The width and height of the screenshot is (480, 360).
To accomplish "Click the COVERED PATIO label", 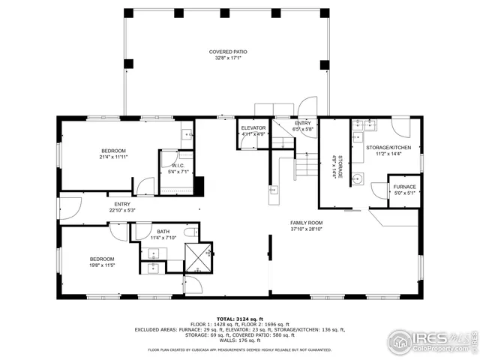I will (x=227, y=52).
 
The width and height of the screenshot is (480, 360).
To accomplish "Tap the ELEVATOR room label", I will (x=253, y=128).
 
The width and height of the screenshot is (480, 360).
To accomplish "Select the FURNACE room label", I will (x=404, y=187).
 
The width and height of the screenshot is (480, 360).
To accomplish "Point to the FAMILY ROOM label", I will (x=306, y=223).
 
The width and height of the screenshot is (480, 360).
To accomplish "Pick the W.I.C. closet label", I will (x=178, y=166).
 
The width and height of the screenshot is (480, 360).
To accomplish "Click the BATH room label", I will (x=163, y=232).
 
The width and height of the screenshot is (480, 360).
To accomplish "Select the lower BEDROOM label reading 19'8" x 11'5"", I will (x=101, y=259).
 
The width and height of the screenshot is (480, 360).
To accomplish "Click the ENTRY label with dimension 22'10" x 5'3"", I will (x=122, y=204).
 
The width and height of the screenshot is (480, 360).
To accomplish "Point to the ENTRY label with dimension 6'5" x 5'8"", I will (x=303, y=123).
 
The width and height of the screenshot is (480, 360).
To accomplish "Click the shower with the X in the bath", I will (x=199, y=256).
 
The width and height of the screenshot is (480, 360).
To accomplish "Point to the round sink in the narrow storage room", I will (x=358, y=178).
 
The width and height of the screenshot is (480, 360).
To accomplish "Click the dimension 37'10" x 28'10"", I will (x=306, y=229).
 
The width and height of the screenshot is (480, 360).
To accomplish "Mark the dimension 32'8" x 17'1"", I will (x=227, y=57).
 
